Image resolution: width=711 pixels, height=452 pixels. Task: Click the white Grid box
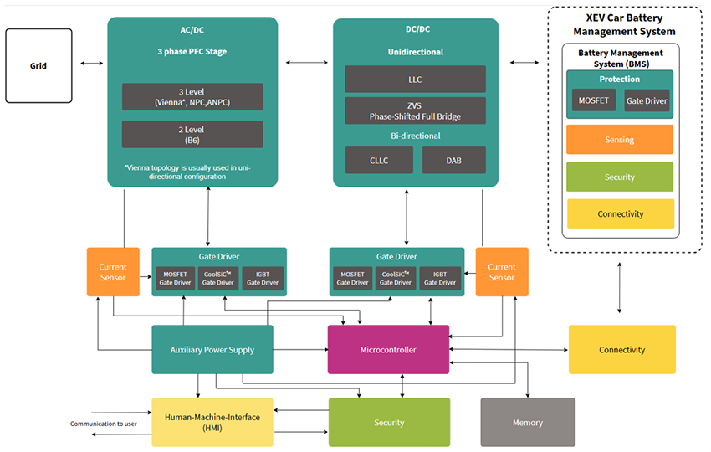point(38,65)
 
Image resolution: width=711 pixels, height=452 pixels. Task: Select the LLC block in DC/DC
point(415,79)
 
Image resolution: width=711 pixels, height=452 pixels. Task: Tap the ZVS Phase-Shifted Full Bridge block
point(415,110)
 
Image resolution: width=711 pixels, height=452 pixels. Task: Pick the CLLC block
point(379,160)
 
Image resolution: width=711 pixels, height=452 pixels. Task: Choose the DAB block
point(453,160)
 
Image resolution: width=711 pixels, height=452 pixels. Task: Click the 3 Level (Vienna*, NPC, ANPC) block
point(192,96)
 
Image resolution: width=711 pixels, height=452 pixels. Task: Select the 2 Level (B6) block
point(192,135)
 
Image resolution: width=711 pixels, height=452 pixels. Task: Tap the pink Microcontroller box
point(387,349)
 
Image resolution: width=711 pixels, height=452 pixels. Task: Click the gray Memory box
point(527,422)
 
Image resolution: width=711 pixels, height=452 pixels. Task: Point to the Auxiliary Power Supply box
point(212,349)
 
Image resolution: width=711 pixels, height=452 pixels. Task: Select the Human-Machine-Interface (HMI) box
point(212,422)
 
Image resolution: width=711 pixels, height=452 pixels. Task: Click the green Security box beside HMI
point(389,422)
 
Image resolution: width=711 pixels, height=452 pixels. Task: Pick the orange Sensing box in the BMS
point(620,140)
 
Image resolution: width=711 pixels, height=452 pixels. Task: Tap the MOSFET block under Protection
point(594,100)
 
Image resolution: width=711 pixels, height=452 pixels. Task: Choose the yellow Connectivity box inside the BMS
point(620,213)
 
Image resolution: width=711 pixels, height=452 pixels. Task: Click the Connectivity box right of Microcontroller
point(621,349)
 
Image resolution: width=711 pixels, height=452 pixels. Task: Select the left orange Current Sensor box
point(113,271)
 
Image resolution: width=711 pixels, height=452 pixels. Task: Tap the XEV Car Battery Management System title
point(623,24)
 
